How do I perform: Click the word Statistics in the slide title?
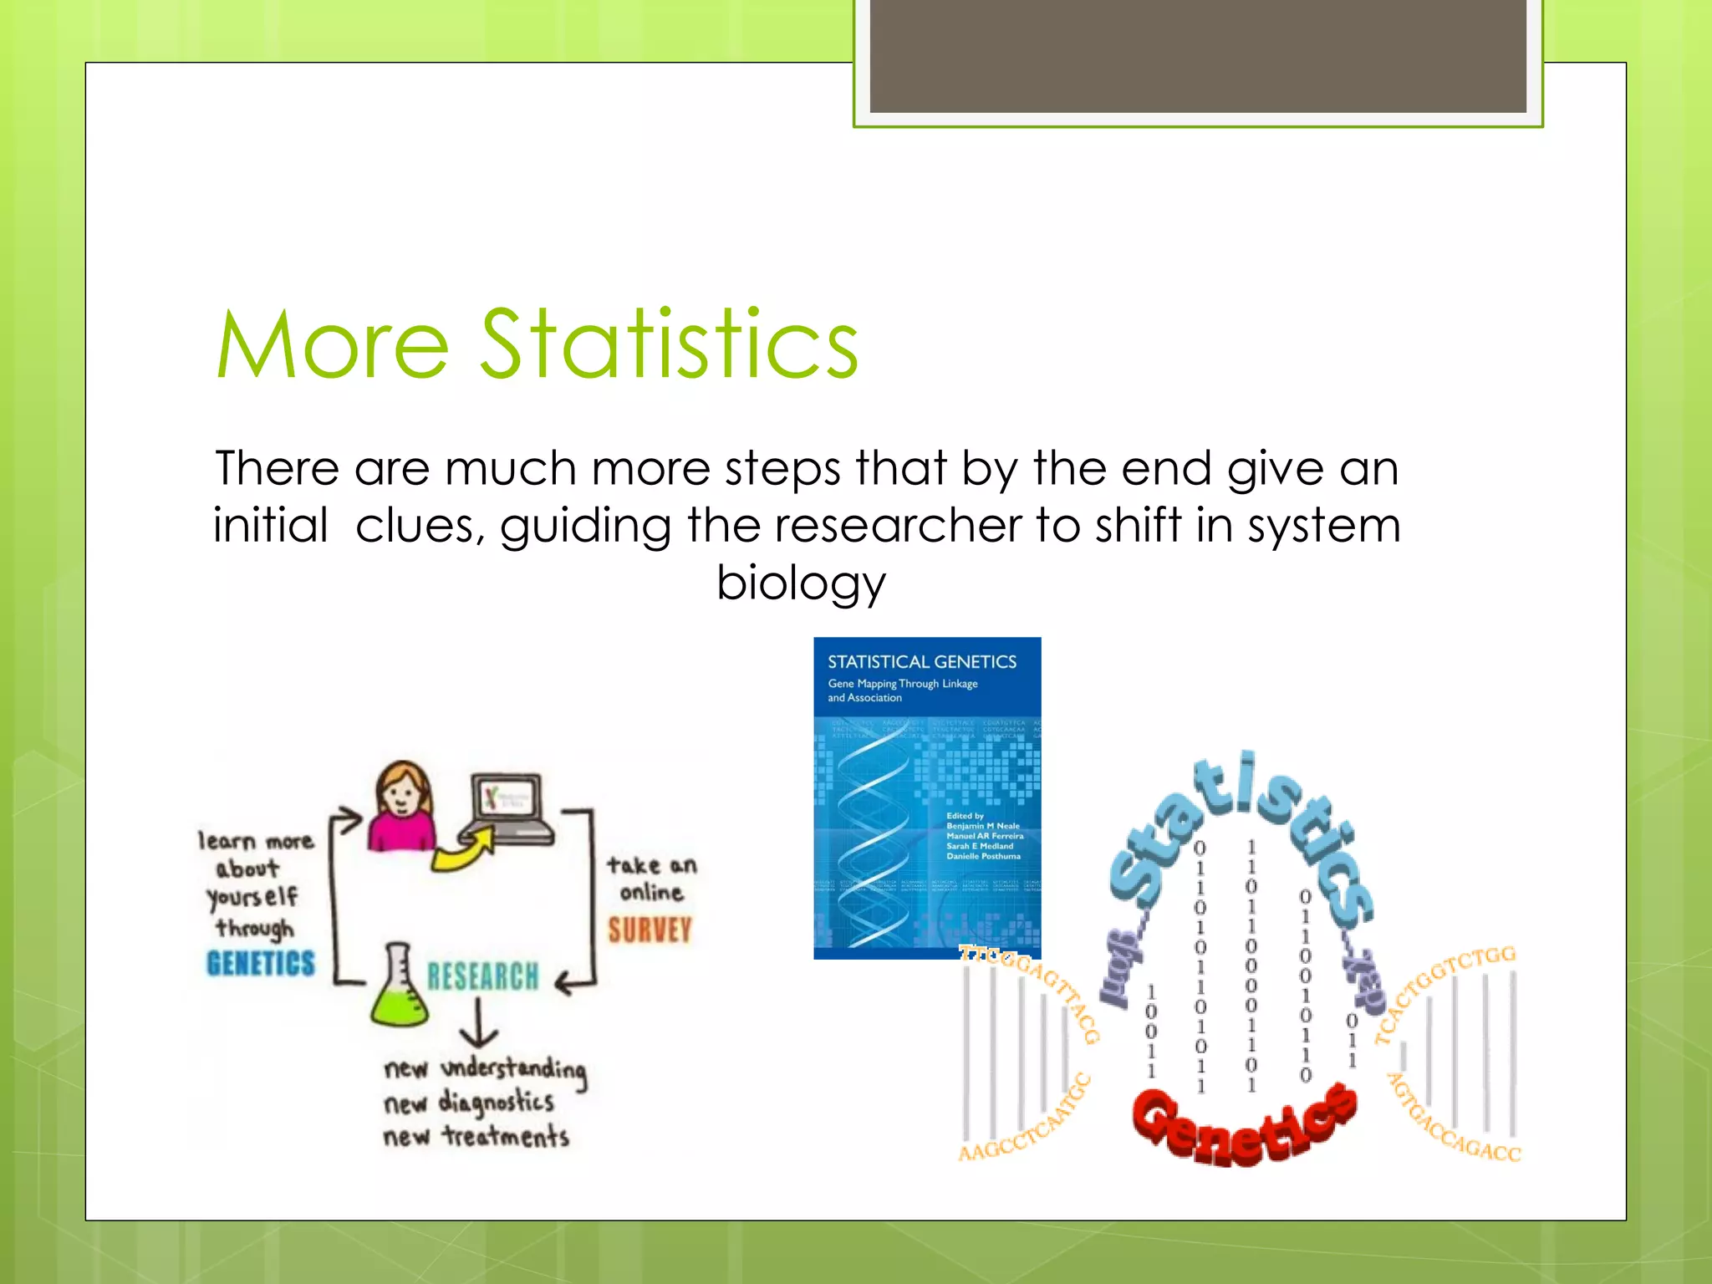point(669,344)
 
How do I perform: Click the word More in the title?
point(333,344)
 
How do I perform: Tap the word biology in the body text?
point(800,583)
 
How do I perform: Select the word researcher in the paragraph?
point(897,526)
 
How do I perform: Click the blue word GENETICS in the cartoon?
point(261,963)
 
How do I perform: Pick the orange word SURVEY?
point(650,930)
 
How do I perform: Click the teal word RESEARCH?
point(483,976)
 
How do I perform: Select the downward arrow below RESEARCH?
point(479,1025)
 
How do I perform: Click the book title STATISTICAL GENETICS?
point(921,662)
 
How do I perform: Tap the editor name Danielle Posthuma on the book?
point(983,856)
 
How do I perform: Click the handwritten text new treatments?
point(476,1137)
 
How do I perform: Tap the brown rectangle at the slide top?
point(1197,55)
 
